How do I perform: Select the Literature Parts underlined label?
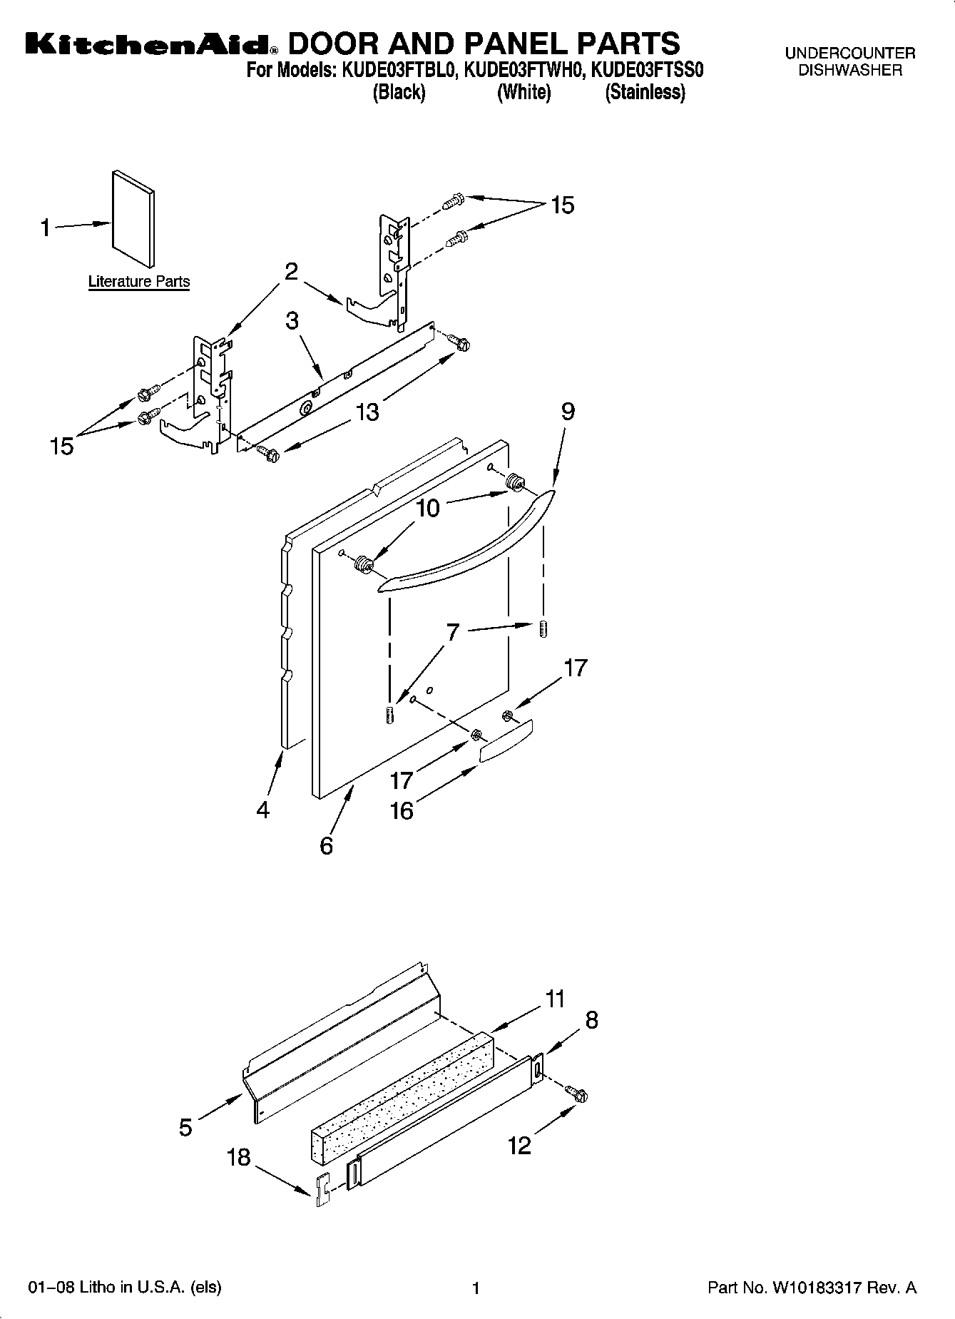139,281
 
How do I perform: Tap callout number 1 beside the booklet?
46,228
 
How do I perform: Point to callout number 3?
292,321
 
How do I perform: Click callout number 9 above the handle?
568,412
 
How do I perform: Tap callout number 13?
368,412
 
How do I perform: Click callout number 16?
402,811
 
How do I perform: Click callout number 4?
263,810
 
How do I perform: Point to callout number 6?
326,845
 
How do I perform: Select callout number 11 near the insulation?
556,999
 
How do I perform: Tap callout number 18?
239,1156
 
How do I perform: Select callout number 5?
185,1128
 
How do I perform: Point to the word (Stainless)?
645,93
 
